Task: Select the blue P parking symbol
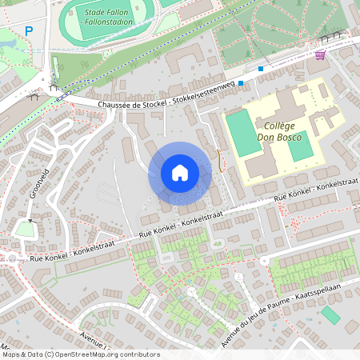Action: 29,31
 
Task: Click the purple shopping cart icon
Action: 320,55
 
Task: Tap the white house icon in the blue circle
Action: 179,173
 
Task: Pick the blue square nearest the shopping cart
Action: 261,69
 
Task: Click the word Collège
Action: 279,126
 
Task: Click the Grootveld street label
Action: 35,183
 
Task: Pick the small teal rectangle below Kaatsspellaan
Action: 330,314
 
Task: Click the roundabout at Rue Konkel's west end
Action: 10,259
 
